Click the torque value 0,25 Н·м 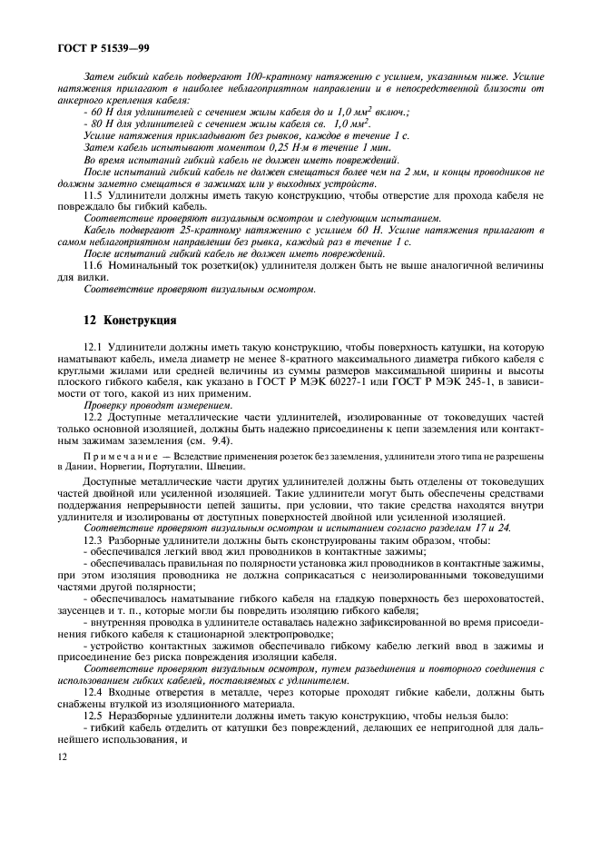(261, 146)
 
